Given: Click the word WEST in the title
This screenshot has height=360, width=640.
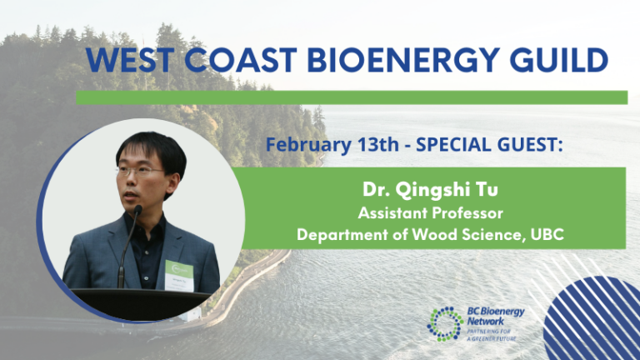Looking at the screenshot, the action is point(130,60).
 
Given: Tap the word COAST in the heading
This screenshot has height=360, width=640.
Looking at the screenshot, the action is point(240,60).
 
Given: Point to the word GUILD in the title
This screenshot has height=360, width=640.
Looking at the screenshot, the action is point(559,60).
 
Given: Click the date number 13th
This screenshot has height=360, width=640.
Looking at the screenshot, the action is point(378,144).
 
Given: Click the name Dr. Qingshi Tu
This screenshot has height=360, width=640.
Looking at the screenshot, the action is point(430,190).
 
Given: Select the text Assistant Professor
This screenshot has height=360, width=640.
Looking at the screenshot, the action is point(430,212).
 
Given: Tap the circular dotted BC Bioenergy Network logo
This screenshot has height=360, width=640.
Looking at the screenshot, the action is point(445,324).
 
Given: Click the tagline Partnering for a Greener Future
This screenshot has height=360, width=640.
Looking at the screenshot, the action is point(492,335).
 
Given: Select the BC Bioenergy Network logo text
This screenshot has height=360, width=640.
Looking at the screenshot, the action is point(496,317).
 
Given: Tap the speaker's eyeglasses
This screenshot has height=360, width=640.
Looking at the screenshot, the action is point(140,171).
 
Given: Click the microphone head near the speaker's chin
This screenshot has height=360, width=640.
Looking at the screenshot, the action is point(138,210).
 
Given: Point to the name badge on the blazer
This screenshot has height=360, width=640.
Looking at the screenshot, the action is point(179,276).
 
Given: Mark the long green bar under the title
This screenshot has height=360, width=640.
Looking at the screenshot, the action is point(352,97).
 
